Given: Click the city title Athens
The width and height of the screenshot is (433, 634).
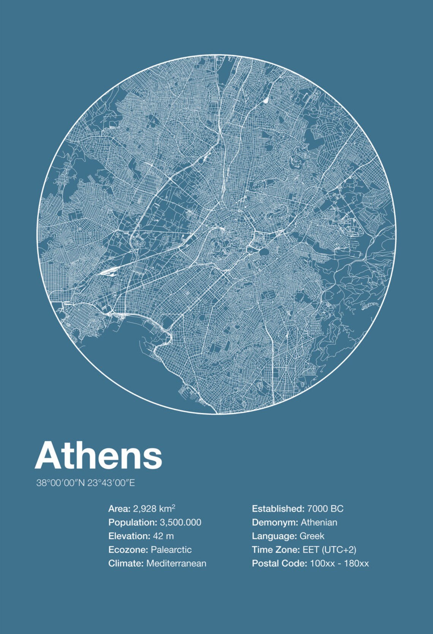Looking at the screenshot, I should pyautogui.click(x=99, y=456).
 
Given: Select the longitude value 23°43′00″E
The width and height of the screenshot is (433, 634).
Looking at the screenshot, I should pyautogui.click(x=111, y=483).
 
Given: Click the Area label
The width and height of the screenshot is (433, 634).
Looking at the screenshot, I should pyautogui.click(x=119, y=509).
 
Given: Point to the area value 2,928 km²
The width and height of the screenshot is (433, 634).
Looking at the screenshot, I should pyautogui.click(x=154, y=509).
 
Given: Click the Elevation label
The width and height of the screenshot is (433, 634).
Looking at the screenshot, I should pyautogui.click(x=129, y=536).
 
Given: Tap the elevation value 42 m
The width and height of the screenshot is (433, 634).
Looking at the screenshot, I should pyautogui.click(x=163, y=536).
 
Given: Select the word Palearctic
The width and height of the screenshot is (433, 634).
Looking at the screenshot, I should pyautogui.click(x=171, y=550).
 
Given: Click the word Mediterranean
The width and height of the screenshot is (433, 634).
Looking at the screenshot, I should pyautogui.click(x=176, y=564).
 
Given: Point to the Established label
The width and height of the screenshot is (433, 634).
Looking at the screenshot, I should pyautogui.click(x=278, y=509).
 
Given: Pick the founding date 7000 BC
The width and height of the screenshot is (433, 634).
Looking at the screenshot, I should pyautogui.click(x=325, y=509).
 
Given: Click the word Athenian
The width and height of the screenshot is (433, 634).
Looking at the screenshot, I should pyautogui.click(x=319, y=523).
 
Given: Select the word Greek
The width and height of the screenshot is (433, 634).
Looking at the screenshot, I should pyautogui.click(x=312, y=536).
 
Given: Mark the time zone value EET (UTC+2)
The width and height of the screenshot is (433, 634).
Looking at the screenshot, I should pyautogui.click(x=329, y=550).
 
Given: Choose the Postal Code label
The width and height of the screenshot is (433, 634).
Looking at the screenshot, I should pyautogui.click(x=279, y=564).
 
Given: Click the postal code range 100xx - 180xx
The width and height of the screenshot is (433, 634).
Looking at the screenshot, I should pyautogui.click(x=339, y=564).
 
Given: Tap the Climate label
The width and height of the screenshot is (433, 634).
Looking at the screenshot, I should pyautogui.click(x=126, y=564).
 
